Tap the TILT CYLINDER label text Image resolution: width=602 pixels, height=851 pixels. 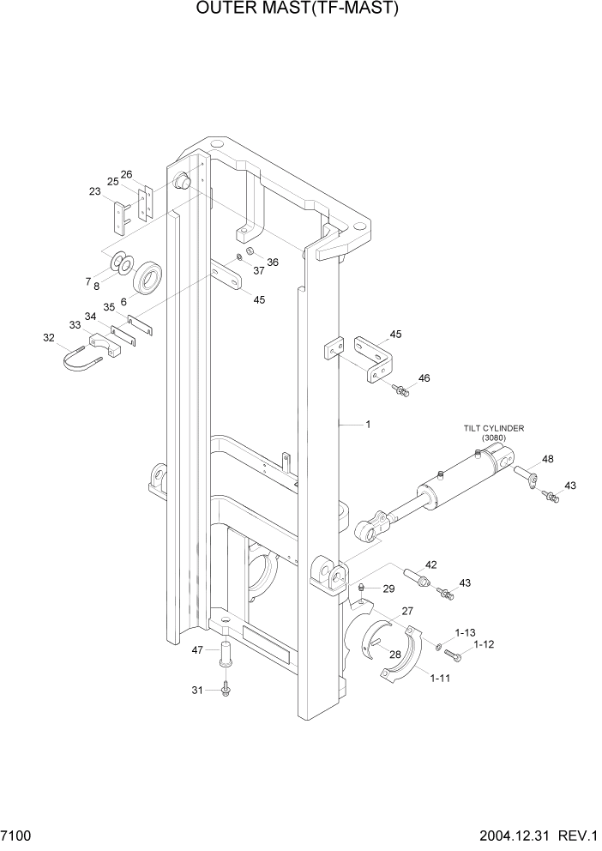494,428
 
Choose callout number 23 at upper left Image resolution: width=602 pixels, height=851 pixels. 95,192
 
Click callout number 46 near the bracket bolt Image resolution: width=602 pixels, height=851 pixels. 424,377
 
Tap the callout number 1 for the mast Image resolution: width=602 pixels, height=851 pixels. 368,424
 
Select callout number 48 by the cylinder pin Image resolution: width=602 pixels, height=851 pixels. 547,459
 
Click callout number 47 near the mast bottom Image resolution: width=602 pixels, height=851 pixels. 197,650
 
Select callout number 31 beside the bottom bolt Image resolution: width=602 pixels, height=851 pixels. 197,691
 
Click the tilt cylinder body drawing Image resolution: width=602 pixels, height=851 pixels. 459,482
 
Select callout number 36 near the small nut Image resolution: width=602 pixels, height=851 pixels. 272,262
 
